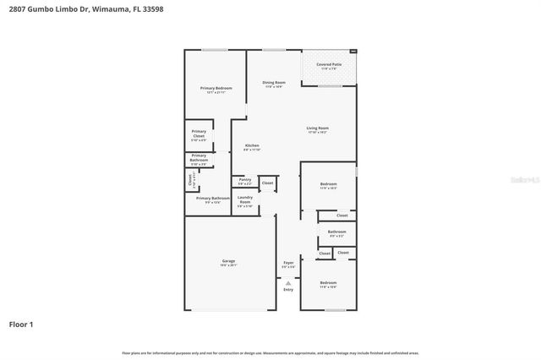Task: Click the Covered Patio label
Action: point(330,65)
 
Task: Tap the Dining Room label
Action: point(274,83)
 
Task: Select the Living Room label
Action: point(317,128)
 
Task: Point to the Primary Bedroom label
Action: point(216,89)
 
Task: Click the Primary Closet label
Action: point(199,134)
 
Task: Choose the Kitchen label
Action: point(252,146)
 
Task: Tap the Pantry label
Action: point(244,180)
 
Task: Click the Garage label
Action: point(227,261)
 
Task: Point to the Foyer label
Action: point(288,263)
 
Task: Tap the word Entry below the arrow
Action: point(288,291)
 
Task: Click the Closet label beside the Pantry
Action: point(267,183)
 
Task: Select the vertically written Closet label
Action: point(190,180)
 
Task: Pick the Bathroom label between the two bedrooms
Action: point(336,232)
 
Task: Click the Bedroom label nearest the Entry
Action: point(328,282)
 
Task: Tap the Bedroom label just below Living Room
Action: point(328,184)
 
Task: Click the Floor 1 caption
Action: point(21,324)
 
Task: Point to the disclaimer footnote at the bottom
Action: point(270,353)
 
